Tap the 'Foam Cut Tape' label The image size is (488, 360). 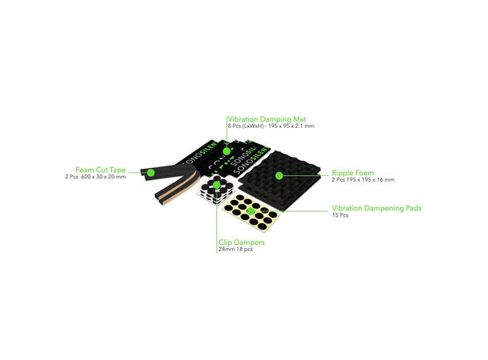pyautogui.click(x=101, y=170)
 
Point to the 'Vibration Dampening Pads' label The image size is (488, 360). pyautogui.click(x=376, y=208)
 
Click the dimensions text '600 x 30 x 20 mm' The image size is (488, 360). pyautogui.click(x=105, y=177)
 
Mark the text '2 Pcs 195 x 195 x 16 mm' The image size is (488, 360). pyautogui.click(x=362, y=179)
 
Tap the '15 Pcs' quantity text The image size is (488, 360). pyautogui.click(x=339, y=215)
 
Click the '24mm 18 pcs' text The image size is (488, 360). pyautogui.click(x=235, y=250)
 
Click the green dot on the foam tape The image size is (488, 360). pyautogui.click(x=149, y=170)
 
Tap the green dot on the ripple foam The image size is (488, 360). pyautogui.click(x=278, y=174)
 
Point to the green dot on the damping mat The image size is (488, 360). pyautogui.click(x=226, y=149)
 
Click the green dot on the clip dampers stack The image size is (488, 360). pyautogui.click(x=215, y=186)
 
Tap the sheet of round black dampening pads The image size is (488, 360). pyautogui.click(x=252, y=214)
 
